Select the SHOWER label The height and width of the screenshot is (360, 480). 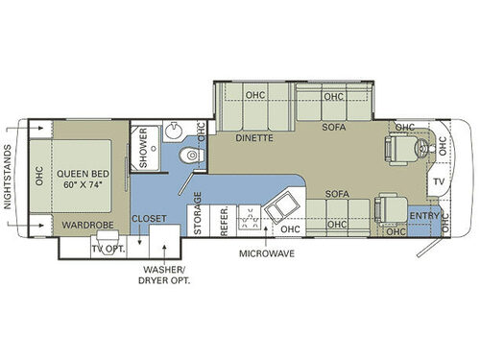(143, 148)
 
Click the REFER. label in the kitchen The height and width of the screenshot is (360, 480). (224, 223)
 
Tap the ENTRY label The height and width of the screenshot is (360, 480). (424, 216)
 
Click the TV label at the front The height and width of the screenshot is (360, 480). (438, 181)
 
